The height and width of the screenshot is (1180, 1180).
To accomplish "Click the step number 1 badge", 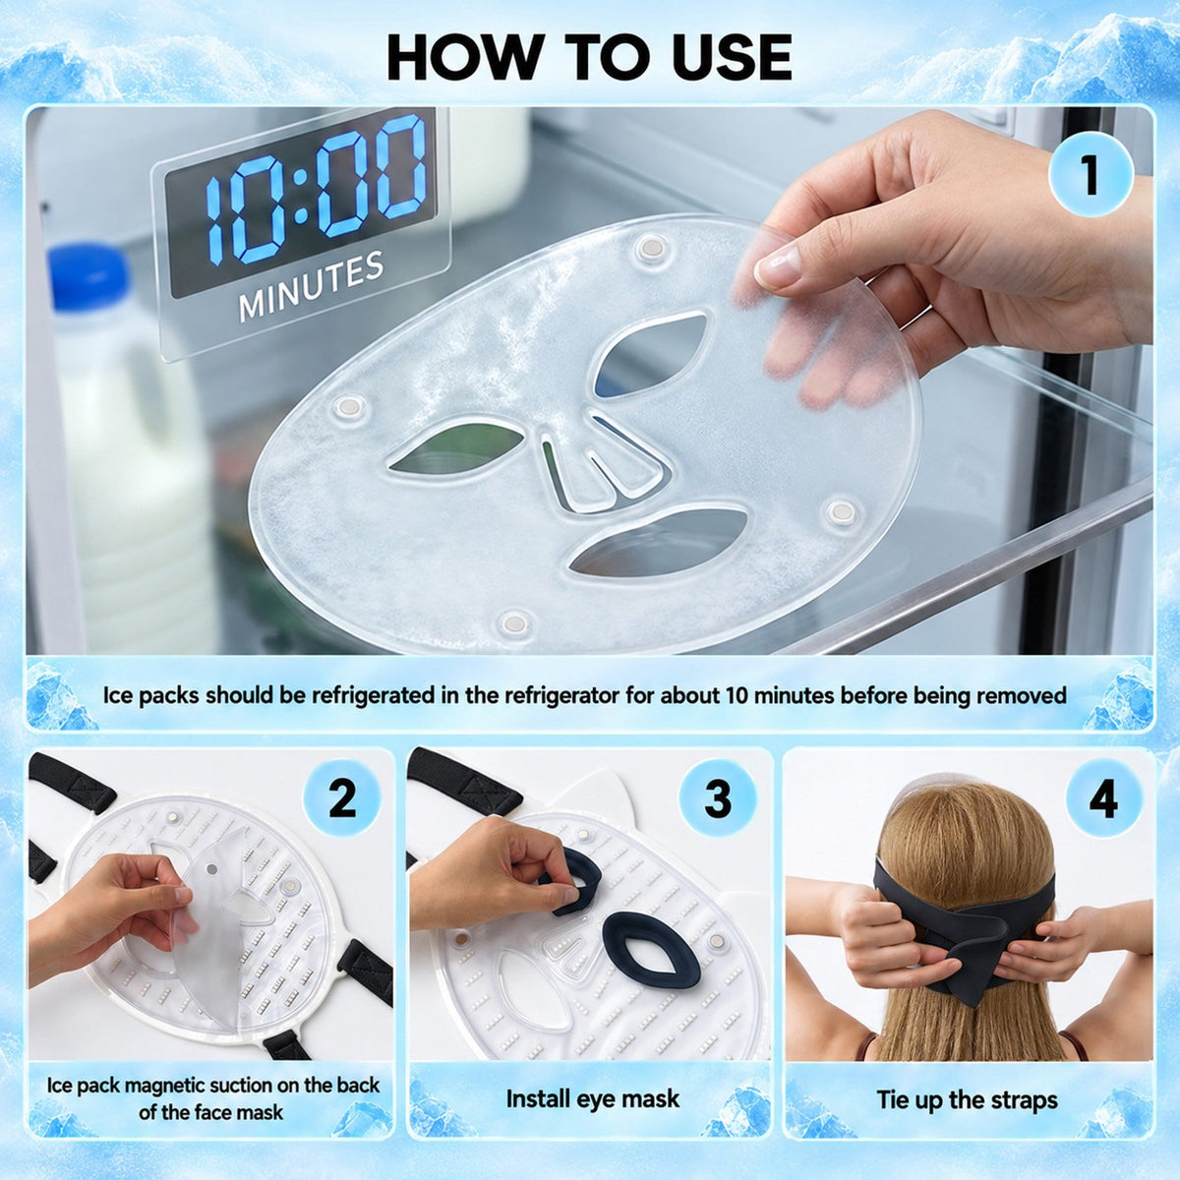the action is click(x=1090, y=174).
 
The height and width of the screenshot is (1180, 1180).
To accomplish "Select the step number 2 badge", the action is click(x=341, y=797).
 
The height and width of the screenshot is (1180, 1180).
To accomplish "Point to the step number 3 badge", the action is click(x=718, y=797).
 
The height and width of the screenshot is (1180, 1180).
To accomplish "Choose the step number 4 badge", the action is click(x=1103, y=797).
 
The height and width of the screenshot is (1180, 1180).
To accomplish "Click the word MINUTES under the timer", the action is click(x=311, y=286).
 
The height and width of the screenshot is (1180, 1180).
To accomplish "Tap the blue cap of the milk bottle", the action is click(x=89, y=276).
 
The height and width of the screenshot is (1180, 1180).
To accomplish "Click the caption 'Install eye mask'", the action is click(x=593, y=1097).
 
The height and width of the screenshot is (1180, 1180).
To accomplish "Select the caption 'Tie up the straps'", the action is click(x=968, y=1099).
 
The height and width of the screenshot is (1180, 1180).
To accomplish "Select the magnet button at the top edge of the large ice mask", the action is click(x=652, y=248).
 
